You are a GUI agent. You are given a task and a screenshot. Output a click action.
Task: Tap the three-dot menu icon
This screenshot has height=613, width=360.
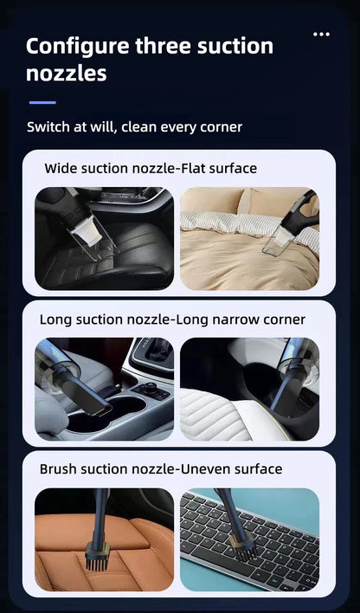click(322, 35)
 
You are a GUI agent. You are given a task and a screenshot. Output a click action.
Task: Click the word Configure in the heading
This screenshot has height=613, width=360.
click(77, 46)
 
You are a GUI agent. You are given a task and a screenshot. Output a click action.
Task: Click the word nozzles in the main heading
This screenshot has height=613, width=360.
click(67, 74)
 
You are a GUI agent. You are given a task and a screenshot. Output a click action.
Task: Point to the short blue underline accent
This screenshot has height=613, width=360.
click(42, 102)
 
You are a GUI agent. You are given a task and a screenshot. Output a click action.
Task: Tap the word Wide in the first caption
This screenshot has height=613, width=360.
click(61, 168)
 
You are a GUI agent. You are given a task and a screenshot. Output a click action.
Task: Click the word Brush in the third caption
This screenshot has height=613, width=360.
click(59, 469)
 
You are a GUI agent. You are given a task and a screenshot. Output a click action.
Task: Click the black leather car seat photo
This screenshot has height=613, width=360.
click(104, 238)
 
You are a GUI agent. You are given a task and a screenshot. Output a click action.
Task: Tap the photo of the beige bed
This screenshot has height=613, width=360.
click(249, 238)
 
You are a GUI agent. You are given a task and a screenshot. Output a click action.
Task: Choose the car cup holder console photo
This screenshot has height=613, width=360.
click(104, 389)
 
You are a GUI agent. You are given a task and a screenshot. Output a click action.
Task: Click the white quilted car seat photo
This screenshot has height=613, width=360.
click(249, 389)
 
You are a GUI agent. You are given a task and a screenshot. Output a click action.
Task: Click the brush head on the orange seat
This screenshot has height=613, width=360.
click(98, 554)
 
